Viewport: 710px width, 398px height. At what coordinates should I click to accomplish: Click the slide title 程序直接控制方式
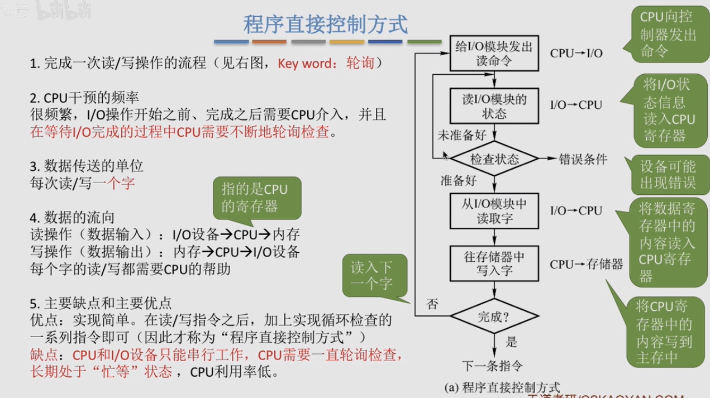pyautogui.click(x=326, y=24)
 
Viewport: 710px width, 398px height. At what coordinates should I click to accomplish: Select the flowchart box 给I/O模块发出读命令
pyautogui.click(x=494, y=54)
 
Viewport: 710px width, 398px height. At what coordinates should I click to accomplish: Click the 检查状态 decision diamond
pyautogui.click(x=494, y=159)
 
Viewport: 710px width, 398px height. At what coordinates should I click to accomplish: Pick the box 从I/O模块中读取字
pyautogui.click(x=494, y=211)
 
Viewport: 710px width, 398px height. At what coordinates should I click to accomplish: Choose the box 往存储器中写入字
pyautogui.click(x=494, y=263)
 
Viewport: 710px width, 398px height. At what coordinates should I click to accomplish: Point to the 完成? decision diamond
pyautogui.click(x=494, y=317)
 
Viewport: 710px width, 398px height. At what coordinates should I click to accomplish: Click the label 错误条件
pyautogui.click(x=583, y=159)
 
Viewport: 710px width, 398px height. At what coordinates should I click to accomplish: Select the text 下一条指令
pyautogui.click(x=493, y=366)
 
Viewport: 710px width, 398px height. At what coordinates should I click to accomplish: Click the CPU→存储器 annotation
pyautogui.click(x=586, y=264)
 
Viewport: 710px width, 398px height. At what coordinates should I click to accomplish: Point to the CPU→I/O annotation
pyautogui.click(x=576, y=54)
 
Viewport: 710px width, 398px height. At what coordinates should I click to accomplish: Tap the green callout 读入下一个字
pyautogui.click(x=371, y=275)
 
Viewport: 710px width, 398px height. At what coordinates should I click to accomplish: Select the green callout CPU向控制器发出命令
pyautogui.click(x=668, y=34)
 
